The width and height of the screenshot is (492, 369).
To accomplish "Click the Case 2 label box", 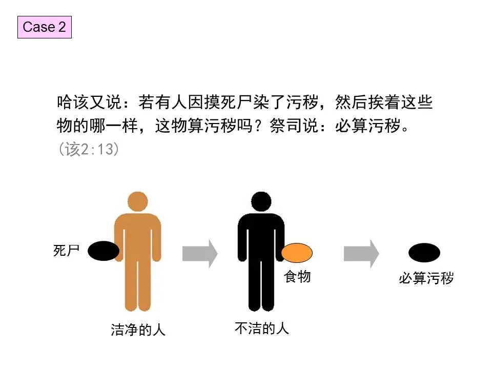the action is [x=44, y=27].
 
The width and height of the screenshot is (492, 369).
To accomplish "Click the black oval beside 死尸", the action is [x=104, y=251].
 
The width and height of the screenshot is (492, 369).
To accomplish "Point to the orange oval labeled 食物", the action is [x=297, y=253].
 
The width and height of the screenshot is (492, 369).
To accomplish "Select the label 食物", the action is [x=297, y=277].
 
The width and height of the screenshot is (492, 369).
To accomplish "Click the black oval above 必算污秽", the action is [x=424, y=253].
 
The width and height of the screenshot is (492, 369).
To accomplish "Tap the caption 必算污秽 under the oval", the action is [x=426, y=279].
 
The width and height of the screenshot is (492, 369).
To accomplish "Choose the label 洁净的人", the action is [x=138, y=330].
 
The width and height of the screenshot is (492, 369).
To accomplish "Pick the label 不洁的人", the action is [x=262, y=328].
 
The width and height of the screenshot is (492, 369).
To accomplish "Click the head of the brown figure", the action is [x=138, y=202].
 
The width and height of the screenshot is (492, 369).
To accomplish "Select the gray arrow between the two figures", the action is [x=199, y=253].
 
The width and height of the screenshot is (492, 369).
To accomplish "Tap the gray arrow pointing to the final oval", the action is [x=361, y=253].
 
